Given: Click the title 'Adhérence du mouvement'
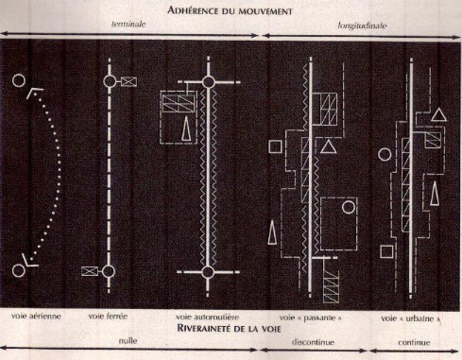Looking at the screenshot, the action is tap(230, 10).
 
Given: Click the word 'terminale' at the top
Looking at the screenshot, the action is tap(128, 24).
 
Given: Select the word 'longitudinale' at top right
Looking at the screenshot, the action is tap(362, 26).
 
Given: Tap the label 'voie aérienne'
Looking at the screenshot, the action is tap(36, 316).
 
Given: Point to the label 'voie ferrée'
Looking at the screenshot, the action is tap(108, 316).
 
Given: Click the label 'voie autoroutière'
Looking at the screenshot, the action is tap(207, 317).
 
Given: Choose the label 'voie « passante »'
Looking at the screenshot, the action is tap(310, 317).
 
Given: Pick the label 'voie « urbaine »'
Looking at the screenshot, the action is tap(411, 318).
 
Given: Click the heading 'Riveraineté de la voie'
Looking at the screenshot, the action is tap(229, 329).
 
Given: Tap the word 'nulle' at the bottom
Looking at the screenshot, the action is tap(128, 340).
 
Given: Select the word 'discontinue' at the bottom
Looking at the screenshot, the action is tap(313, 342).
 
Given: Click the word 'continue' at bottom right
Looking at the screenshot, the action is tap(414, 342).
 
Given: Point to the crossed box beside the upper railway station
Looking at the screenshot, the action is tap(128, 81).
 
